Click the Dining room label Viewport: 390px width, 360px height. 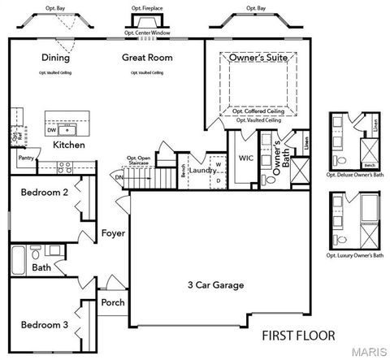(55, 58)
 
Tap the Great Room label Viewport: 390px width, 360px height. (147, 58)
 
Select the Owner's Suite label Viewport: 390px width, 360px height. (258, 58)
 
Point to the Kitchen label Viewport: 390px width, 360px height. (69, 145)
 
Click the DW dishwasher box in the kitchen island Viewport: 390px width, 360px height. (52, 129)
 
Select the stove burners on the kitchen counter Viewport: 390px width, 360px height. (66, 167)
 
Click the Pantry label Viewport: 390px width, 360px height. (26, 158)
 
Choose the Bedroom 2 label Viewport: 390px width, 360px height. (45, 192)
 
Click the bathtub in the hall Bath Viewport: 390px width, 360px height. (18, 260)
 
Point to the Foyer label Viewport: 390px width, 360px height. (113, 233)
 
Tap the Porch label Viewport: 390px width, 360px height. (113, 302)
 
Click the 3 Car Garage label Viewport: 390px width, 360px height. (215, 285)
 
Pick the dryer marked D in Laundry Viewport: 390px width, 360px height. (219, 180)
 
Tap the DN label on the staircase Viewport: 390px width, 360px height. (119, 177)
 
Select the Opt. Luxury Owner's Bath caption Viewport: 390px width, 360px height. (354, 255)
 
